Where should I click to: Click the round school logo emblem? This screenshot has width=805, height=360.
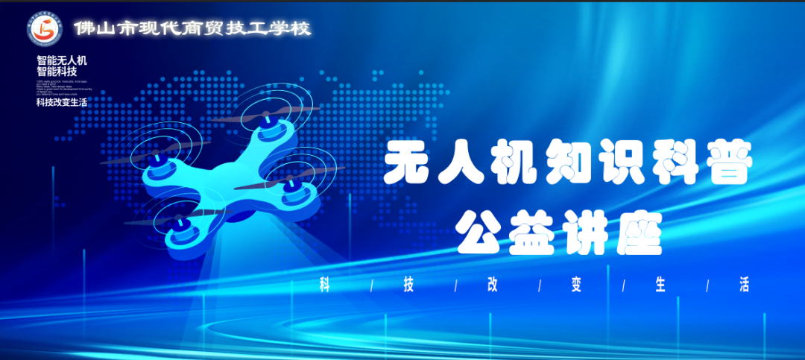pos(44,28)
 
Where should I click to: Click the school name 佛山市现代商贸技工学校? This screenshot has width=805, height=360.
pos(192,28)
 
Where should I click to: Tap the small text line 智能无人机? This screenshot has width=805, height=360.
pos(62,60)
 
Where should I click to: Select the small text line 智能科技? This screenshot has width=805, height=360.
pos(57,72)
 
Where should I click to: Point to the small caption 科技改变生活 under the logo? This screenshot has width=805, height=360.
pos(62,102)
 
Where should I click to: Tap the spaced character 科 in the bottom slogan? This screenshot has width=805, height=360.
pos(323,285)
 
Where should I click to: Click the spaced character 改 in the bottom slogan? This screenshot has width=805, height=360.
pos(492,285)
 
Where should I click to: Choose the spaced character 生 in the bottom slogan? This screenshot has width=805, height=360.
pos(660,285)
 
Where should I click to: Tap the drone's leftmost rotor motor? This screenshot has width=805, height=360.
pos(159,158)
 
